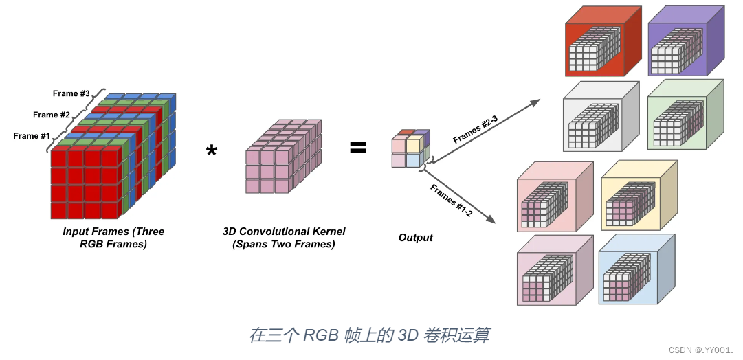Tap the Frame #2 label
tap(51, 115)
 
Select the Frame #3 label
tap(71, 93)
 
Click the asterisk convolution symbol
tap(212, 152)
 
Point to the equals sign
tap(358, 147)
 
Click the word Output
tap(416, 238)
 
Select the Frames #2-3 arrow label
tap(476, 129)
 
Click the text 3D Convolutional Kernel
tap(284, 231)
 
